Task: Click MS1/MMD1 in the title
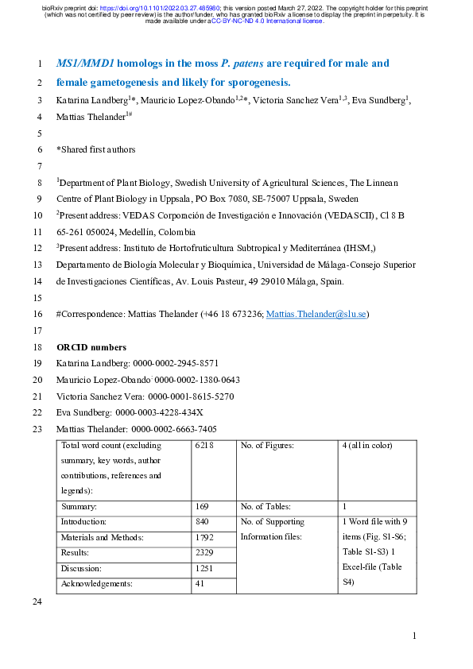click(80, 63)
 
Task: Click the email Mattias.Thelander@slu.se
click(316, 315)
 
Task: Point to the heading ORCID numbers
click(91, 347)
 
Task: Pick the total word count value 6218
click(204, 446)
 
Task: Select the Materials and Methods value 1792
click(204, 537)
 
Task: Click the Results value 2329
click(204, 552)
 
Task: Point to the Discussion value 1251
click(204, 568)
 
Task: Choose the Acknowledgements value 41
click(199, 583)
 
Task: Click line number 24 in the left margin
click(34, 604)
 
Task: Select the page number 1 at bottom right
click(414, 636)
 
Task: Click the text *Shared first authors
click(95, 149)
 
